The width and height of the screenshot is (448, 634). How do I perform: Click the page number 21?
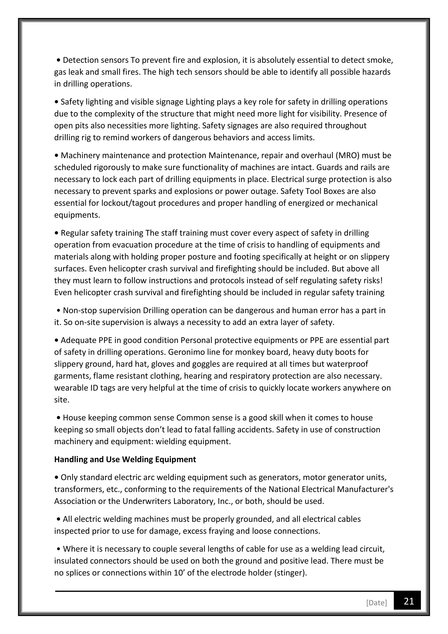coord(409,601)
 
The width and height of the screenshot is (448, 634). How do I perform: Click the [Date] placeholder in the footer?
coord(376,603)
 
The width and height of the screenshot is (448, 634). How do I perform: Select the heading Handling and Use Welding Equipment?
coord(125,459)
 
